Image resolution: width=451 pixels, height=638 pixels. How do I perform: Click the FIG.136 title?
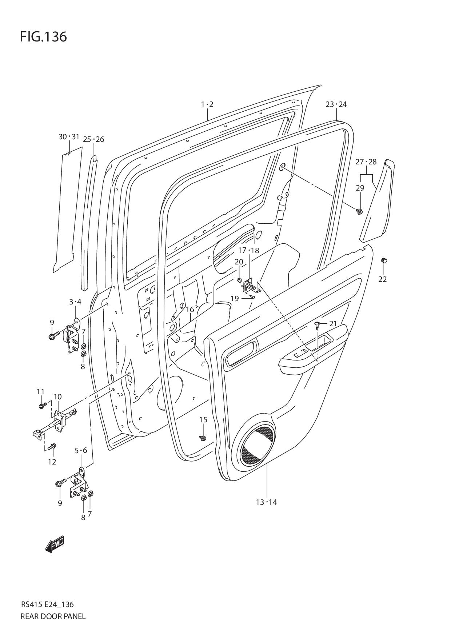tap(43, 37)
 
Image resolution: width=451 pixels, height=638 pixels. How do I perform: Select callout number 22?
tap(382, 279)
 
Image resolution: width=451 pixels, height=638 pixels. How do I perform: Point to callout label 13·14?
tap(266, 502)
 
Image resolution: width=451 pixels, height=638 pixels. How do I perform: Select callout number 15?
tap(203, 419)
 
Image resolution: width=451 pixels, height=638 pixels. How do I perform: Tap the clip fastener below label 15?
tap(203, 438)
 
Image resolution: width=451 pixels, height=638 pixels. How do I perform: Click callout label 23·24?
tap(336, 104)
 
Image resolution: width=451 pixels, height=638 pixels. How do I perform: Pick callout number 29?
tap(360, 188)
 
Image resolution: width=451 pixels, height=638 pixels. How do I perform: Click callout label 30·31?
tap(69, 137)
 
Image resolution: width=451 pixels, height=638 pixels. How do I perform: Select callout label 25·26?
tap(93, 139)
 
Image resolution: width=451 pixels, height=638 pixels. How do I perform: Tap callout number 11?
tap(40, 391)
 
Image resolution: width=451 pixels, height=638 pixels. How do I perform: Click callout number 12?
tap(52, 462)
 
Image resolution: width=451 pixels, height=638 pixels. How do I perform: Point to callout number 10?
tap(57, 396)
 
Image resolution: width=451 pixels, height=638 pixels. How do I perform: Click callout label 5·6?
tap(81, 450)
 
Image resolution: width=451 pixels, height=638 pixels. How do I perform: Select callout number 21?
tap(333, 323)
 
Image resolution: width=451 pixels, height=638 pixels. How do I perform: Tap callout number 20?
tap(239, 262)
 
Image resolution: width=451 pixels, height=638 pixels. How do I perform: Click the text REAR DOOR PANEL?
tap(53, 616)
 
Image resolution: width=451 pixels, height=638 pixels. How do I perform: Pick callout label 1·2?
tap(207, 104)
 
